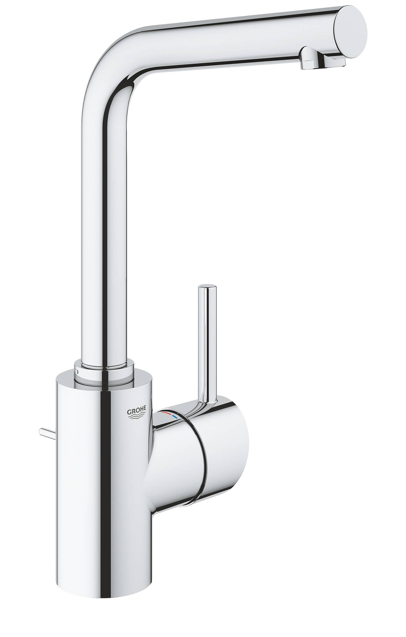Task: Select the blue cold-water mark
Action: tap(176, 418)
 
